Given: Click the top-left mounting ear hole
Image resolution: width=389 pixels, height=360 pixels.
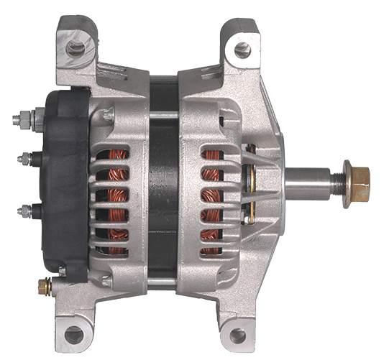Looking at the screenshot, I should [x=74, y=48].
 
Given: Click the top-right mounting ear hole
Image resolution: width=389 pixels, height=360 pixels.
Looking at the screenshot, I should [x=242, y=50].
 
